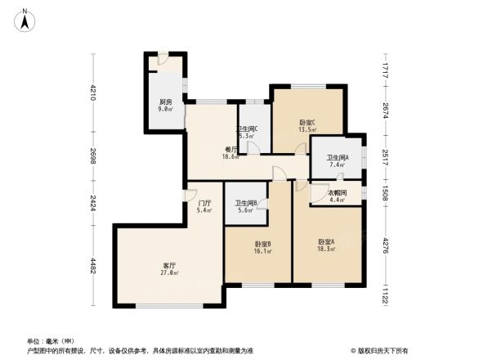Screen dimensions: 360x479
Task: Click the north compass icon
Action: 25,19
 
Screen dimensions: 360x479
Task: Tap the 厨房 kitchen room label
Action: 165,105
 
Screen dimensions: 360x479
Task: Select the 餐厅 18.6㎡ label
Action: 232,152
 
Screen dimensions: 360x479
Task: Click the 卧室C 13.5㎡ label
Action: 307,125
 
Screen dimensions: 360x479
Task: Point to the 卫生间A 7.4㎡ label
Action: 337,161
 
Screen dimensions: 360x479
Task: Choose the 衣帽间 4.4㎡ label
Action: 338,196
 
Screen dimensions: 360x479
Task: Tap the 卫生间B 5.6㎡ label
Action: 245,206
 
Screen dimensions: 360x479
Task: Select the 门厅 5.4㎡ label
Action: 204,207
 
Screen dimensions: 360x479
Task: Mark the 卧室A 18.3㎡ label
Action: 326,245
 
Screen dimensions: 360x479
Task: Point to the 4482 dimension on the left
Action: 93,266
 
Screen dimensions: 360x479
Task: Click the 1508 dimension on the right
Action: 383,193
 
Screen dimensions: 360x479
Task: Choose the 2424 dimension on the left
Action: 93,204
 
